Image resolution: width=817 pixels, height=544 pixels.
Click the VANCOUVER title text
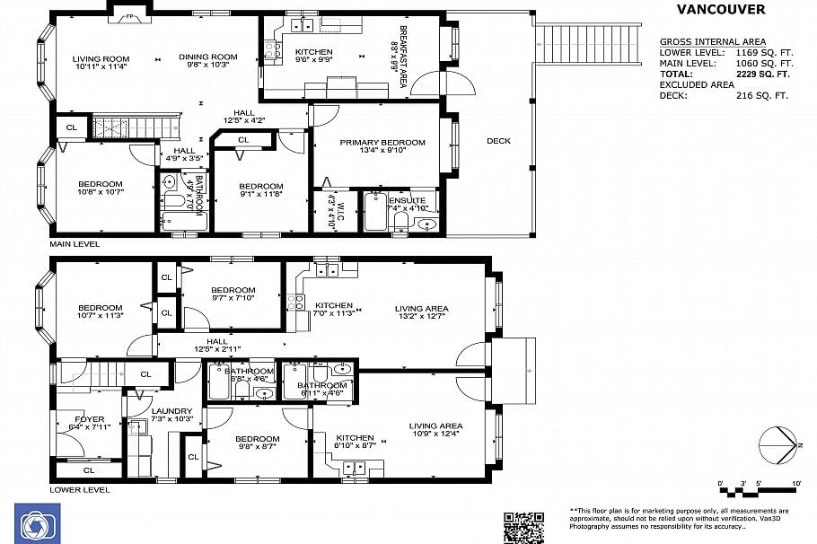(720, 10)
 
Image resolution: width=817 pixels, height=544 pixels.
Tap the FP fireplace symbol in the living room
(129, 15)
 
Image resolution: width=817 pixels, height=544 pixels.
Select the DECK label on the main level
(498, 141)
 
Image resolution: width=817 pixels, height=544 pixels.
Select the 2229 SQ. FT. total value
(765, 75)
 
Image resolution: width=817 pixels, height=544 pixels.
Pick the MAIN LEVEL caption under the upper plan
(75, 243)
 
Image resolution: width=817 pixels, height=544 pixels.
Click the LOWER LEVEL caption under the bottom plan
(79, 489)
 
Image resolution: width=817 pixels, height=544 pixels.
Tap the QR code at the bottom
(523, 527)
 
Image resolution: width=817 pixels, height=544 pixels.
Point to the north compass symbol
(779, 445)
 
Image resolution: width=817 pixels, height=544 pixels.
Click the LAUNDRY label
(171, 411)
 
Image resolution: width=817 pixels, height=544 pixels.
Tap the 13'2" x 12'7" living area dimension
(421, 316)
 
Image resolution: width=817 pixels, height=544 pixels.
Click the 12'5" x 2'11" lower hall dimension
(217, 349)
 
